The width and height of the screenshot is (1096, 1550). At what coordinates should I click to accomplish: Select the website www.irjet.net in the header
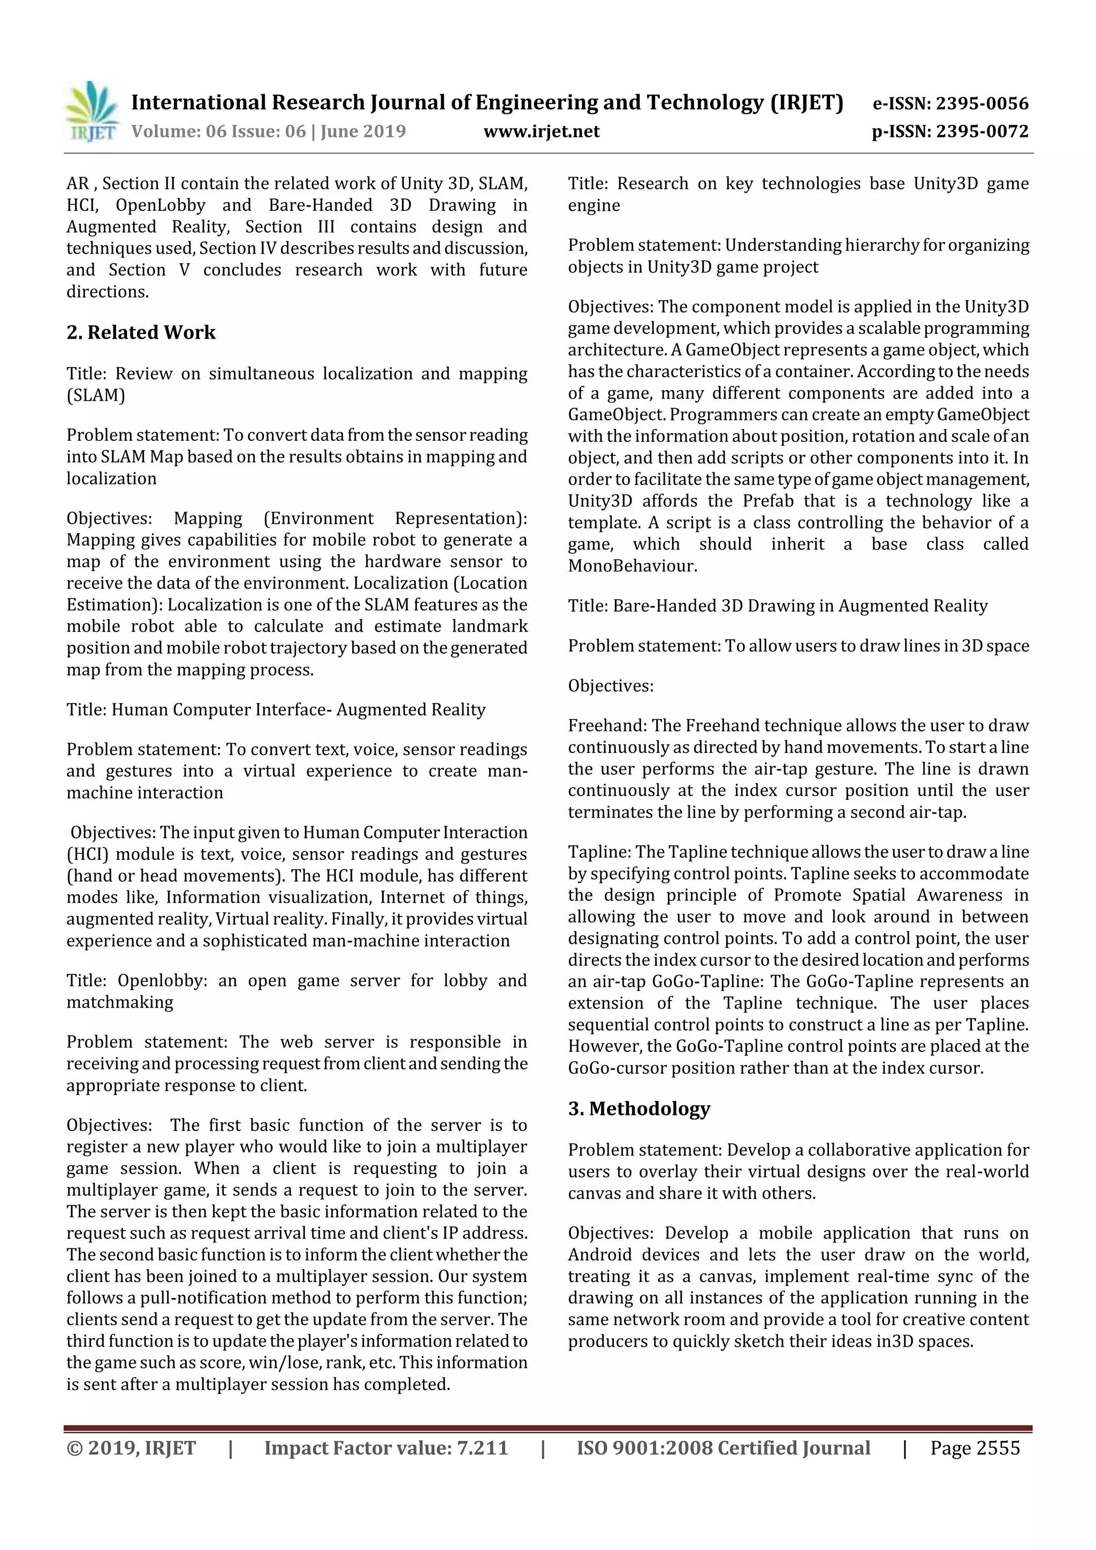coord(541,131)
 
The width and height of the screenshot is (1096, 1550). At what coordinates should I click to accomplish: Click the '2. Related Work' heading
coord(141,332)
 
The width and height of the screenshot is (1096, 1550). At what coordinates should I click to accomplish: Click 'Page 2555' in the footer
coord(975,1447)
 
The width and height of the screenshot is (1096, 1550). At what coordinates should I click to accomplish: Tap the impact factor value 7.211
coord(482,1447)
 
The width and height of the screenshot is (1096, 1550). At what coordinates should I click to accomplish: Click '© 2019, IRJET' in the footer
coord(131,1447)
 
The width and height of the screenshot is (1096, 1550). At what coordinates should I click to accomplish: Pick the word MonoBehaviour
coord(632,566)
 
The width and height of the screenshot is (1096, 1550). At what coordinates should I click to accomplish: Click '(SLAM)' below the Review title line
coord(95,395)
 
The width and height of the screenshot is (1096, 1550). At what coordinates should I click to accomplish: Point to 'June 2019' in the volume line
coord(363,131)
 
